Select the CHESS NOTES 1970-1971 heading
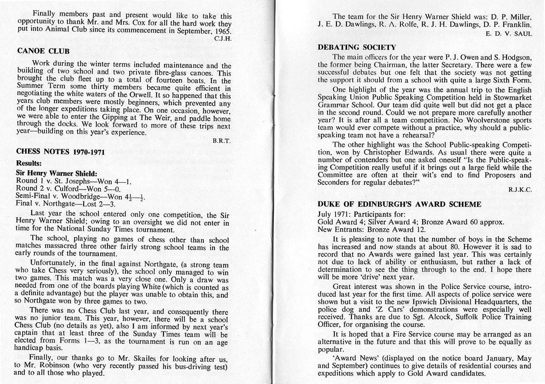[60, 151]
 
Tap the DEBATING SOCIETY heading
[357, 47]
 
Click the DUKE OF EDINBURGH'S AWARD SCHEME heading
[399, 204]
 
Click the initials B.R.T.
[221, 140]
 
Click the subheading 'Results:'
[29, 163]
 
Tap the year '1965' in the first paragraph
[221, 31]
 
